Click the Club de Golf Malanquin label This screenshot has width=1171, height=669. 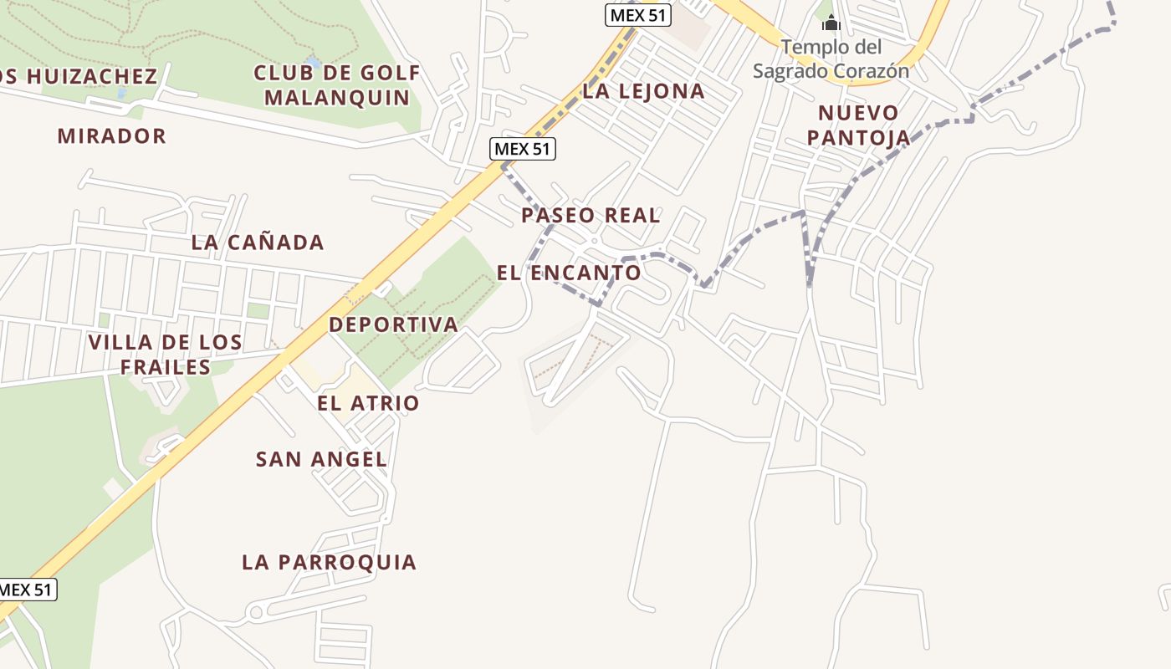337,85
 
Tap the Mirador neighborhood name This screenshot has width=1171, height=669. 112,135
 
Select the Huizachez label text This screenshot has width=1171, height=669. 79,76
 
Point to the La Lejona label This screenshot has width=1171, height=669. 643,91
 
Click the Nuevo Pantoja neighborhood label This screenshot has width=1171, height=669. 858,125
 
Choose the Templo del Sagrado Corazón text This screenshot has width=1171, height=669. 831,59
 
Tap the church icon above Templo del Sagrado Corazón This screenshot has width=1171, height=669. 831,23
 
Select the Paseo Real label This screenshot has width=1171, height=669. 591,215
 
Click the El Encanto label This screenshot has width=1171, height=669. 569,273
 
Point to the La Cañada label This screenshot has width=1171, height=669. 258,243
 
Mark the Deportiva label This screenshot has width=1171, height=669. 393,324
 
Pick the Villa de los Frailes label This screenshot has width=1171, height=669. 166,355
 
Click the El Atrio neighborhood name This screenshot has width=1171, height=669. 368,403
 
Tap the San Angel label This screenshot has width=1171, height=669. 321,459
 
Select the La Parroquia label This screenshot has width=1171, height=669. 329,562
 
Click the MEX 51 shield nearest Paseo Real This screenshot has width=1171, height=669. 523,149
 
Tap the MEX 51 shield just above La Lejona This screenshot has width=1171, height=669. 638,15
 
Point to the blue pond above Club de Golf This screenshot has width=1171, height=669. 313,63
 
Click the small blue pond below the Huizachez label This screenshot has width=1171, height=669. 123,94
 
